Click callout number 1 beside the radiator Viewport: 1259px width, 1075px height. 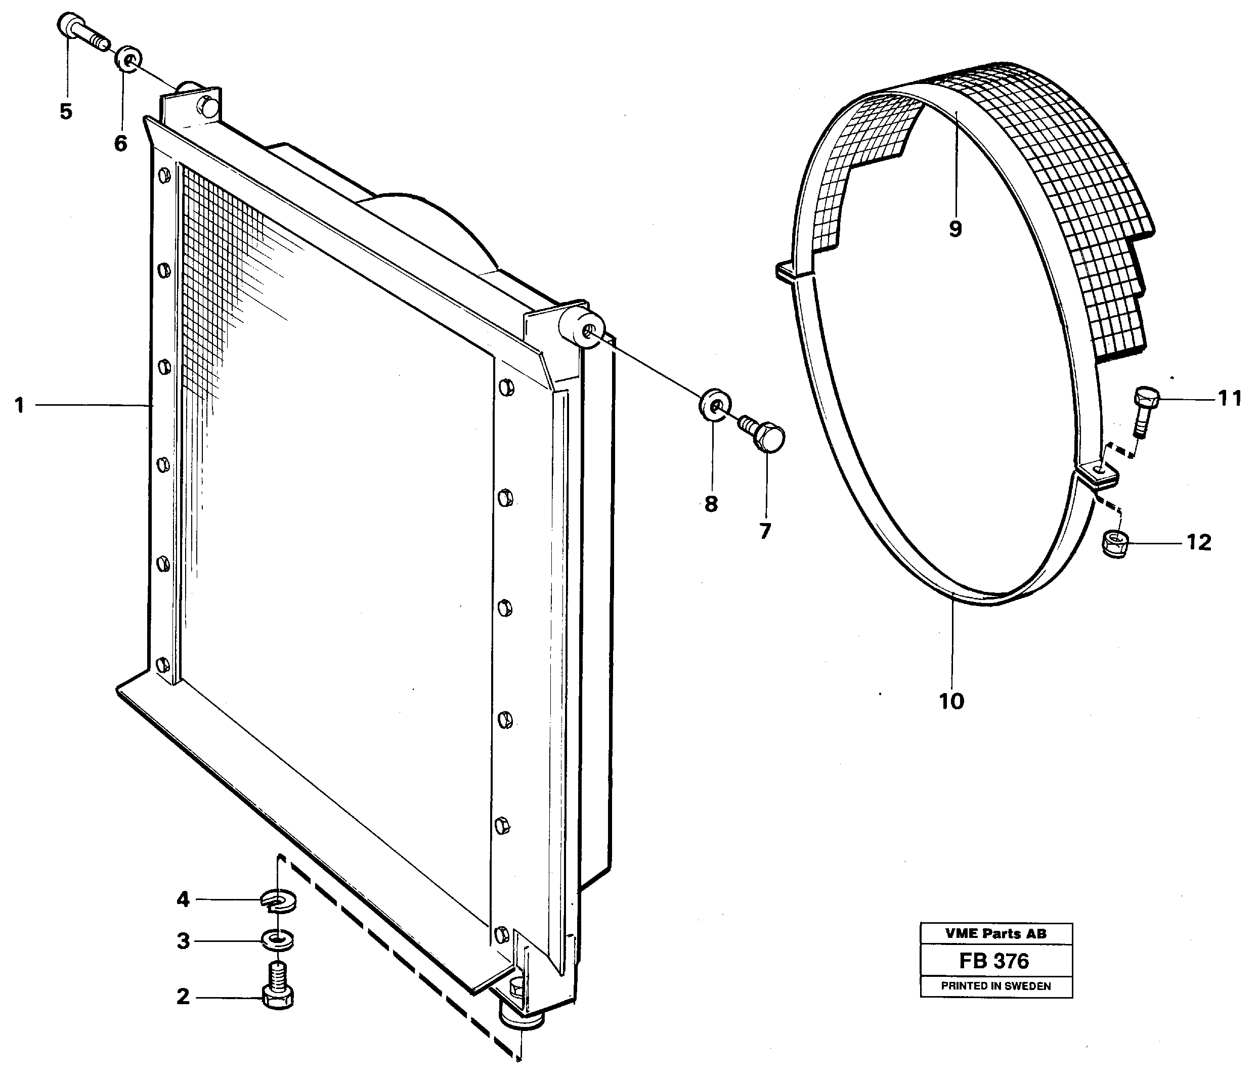point(20,405)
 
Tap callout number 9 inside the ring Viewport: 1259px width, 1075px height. point(955,229)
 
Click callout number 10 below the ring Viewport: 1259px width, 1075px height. point(951,701)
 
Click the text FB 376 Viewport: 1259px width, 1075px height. point(994,961)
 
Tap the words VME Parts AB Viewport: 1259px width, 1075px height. point(995,934)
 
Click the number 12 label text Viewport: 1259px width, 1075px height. point(1199,542)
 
